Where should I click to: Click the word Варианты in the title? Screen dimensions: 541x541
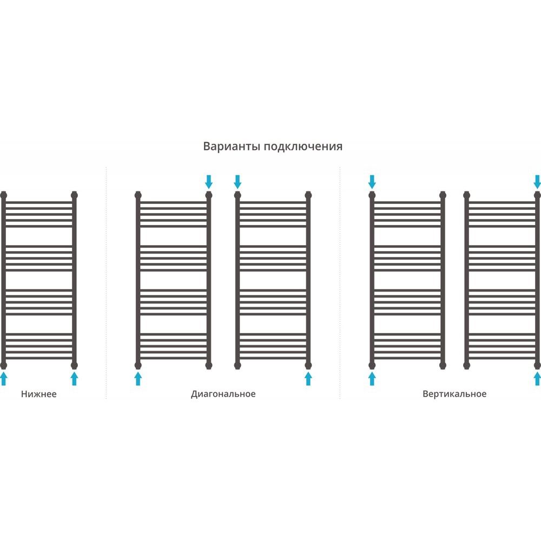click(232, 146)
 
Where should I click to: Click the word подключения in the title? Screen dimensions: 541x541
click(304, 147)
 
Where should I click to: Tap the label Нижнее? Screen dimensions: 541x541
click(38, 394)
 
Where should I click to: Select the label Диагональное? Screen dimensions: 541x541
click(223, 394)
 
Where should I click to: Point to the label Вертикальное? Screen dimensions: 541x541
click(454, 394)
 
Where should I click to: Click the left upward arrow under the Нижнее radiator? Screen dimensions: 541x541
click(3, 379)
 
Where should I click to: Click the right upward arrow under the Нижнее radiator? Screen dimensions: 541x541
click(74, 379)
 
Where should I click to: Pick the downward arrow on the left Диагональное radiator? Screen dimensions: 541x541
click(209, 182)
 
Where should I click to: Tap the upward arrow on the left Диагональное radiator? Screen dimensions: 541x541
click(138, 379)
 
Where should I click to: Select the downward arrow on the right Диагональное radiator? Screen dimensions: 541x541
click(237, 182)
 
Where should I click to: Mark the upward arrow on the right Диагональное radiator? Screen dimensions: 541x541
click(308, 379)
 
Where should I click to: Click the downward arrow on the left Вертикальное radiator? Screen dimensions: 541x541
click(372, 182)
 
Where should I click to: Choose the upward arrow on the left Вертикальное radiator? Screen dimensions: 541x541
click(372, 379)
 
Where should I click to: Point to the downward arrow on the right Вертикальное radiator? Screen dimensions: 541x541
click(537, 182)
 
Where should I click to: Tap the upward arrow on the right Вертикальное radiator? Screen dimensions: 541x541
click(537, 379)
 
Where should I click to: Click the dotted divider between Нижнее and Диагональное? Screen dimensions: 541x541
click(106, 283)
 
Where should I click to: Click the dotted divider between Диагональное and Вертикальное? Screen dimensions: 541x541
click(340, 283)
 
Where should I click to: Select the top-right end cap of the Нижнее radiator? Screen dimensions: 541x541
click(74, 195)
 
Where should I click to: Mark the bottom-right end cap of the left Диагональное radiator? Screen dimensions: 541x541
click(209, 365)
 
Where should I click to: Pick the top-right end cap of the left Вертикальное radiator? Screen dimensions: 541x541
click(443, 195)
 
